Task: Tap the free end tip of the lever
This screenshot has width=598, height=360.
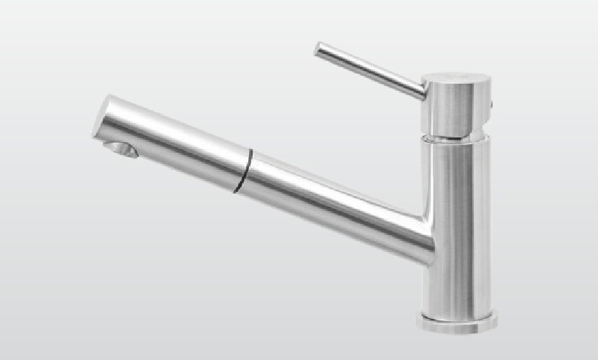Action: coord(318,50)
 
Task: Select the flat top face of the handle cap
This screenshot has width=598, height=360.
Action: coord(456,79)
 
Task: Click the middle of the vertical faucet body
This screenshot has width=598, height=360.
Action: coord(456,224)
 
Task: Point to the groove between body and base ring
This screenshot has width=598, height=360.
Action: coord(457,311)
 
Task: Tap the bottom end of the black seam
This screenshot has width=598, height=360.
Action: coord(238,190)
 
